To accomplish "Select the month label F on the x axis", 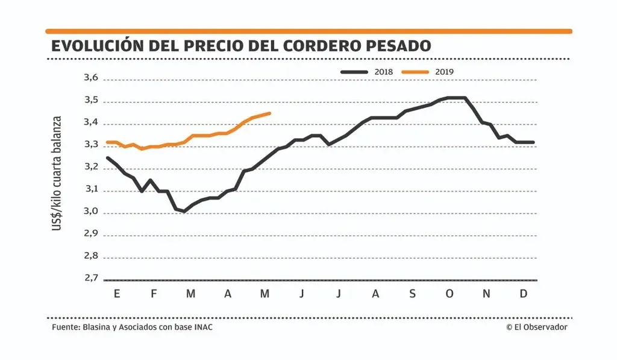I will click(154, 294).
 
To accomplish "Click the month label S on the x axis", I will click(412, 294).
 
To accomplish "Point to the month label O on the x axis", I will click(449, 294).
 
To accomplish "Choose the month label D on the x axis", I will click(524, 294).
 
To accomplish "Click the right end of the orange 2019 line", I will click(269, 113).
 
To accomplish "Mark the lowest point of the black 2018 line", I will click(184, 211).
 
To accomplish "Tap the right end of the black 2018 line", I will click(533, 142).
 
